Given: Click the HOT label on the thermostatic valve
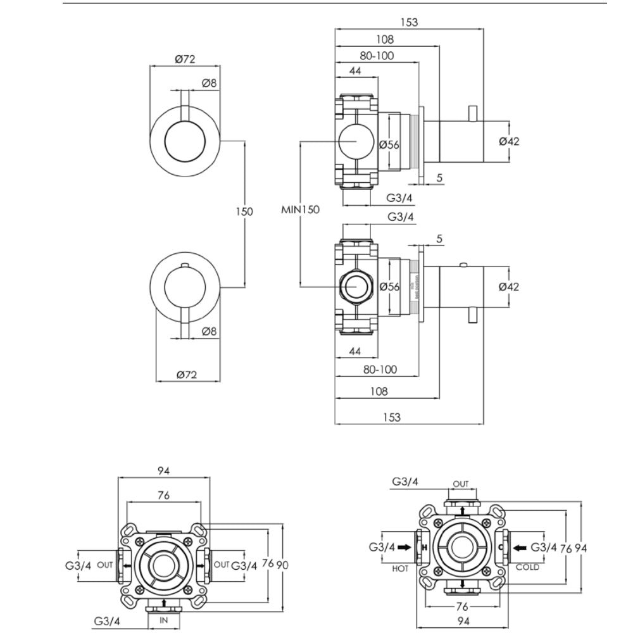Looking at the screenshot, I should tap(399, 568).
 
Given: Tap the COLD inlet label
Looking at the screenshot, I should tap(527, 567).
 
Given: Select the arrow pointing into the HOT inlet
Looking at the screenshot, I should tap(405, 547).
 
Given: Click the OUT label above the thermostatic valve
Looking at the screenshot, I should tap(461, 484).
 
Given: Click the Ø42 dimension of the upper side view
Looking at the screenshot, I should tap(508, 141).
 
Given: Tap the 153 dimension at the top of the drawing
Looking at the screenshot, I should tap(410, 22).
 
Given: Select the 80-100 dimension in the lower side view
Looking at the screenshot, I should tap(380, 369).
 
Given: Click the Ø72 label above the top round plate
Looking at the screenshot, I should tap(184, 60).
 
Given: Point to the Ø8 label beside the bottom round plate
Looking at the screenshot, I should tap(209, 331).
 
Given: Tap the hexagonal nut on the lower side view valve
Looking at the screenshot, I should tap(356, 286).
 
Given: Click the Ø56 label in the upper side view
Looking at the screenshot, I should tap(389, 144).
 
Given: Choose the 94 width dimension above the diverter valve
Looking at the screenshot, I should tap(163, 471).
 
